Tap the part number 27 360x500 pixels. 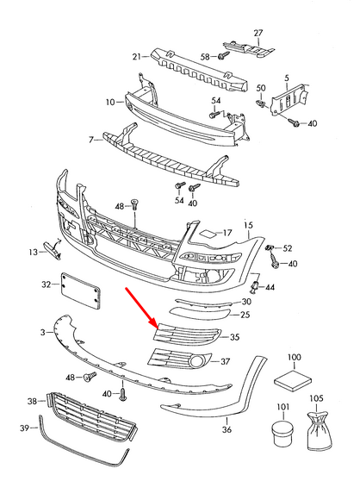(x=258, y=33)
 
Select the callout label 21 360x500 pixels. (x=136, y=57)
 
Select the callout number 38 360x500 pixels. (x=32, y=401)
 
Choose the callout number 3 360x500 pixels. (x=41, y=331)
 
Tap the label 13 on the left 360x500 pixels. (x=32, y=252)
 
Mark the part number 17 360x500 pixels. (x=227, y=233)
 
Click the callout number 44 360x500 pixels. (x=270, y=287)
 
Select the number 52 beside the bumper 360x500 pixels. (x=288, y=248)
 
